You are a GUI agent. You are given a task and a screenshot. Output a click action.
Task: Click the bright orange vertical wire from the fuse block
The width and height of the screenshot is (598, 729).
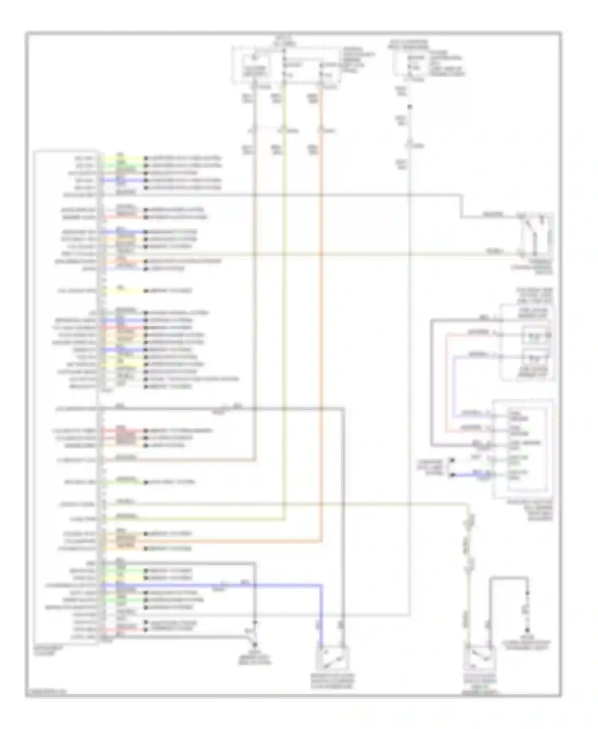point(321,319)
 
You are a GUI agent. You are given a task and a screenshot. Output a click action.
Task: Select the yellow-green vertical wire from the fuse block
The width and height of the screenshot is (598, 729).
point(284,319)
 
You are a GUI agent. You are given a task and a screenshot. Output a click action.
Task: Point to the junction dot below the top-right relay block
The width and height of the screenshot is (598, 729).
point(409,107)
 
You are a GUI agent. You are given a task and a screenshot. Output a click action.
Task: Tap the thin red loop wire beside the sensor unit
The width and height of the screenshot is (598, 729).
point(447,383)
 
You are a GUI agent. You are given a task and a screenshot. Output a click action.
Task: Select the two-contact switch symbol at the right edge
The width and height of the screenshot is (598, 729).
point(535,235)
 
